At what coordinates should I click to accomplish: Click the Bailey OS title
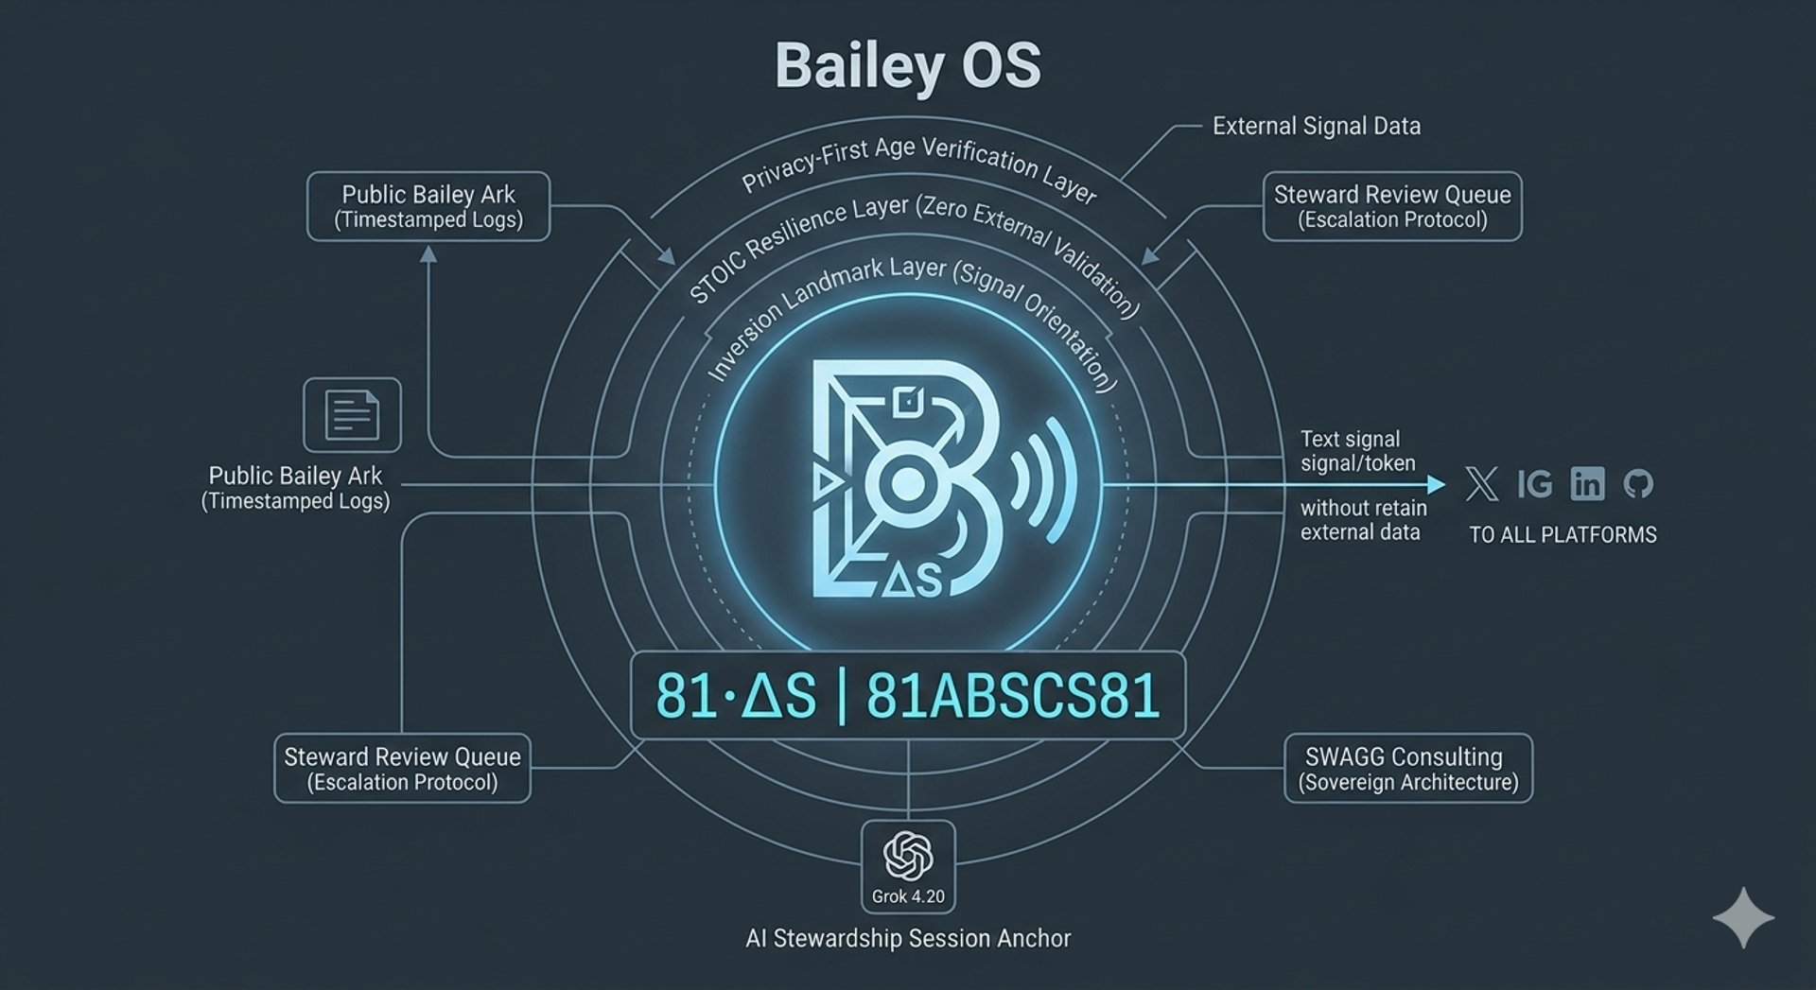tap(907, 66)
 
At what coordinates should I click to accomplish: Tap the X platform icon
tap(1481, 484)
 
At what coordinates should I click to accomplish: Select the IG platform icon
tap(1534, 484)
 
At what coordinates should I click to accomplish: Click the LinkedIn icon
tap(1587, 484)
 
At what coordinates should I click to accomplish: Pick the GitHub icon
tap(1638, 484)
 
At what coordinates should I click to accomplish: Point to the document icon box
tap(352, 415)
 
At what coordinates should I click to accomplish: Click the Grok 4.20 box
tap(908, 866)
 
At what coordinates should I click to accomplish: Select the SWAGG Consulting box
tap(1407, 769)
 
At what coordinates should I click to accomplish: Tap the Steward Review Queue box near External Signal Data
tap(1391, 206)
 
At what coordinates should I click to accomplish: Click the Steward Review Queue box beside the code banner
tap(402, 769)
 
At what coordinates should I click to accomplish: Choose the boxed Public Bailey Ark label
tap(428, 206)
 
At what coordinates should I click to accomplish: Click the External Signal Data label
tap(1316, 127)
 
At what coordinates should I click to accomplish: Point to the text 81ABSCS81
tap(1012, 697)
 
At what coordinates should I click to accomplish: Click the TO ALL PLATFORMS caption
tap(1563, 535)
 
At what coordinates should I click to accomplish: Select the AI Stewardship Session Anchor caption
tap(908, 939)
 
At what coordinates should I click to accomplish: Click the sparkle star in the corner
tap(1742, 917)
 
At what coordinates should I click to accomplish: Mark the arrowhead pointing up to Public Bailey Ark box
tap(428, 254)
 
